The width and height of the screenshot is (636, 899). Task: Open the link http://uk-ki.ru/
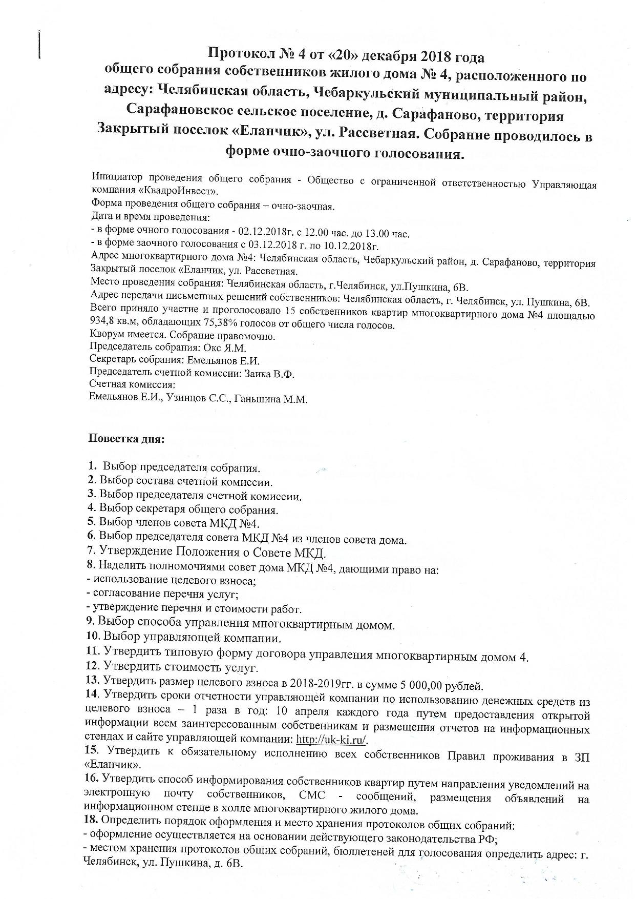point(332,740)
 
